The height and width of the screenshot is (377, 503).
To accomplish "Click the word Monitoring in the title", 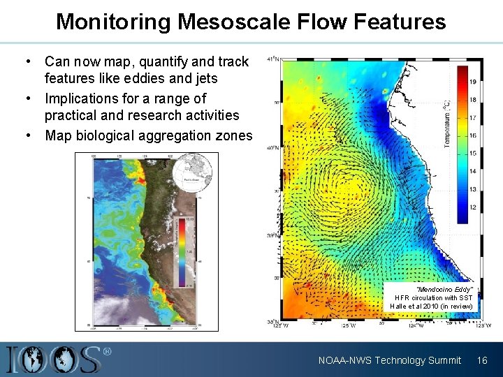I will coord(114,22).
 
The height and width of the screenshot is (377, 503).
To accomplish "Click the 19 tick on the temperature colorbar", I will coord(473,82).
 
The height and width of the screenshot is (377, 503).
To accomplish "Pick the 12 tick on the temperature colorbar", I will coord(473,207).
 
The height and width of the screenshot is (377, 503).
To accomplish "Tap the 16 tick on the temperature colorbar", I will coord(473,135).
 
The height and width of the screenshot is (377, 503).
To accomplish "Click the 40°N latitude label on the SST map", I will coord(272,147).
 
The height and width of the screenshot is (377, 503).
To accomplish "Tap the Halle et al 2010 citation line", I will coord(431,306).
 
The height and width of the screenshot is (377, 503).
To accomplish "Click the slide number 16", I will coord(481,360).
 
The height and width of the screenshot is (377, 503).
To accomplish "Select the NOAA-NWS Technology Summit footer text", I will coord(389,360).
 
